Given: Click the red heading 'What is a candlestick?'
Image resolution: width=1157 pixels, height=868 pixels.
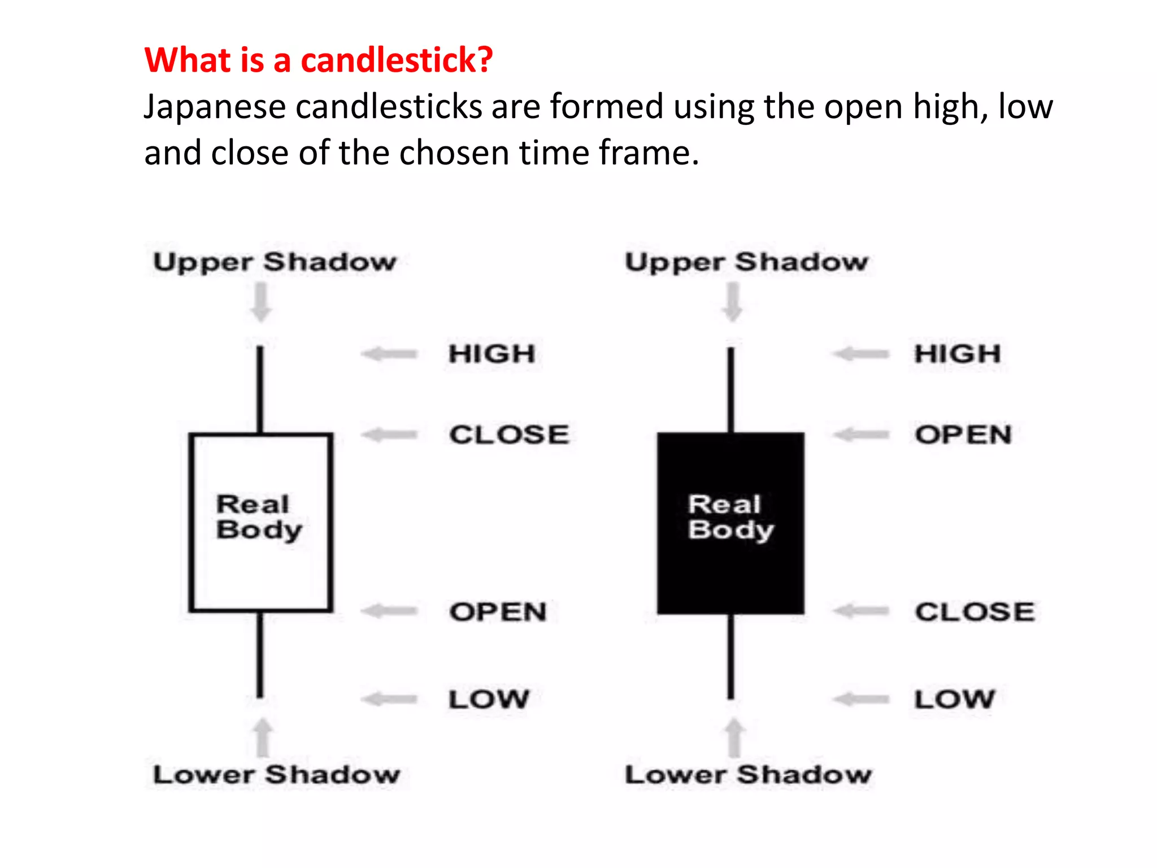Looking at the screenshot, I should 319,60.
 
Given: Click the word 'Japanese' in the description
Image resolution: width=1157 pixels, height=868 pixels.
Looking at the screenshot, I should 215,107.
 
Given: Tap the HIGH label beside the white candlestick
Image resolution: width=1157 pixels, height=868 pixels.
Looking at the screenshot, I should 491,354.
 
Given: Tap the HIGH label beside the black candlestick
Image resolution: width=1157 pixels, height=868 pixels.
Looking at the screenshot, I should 958,354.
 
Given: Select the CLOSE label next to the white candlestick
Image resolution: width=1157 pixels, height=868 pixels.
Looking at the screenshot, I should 509,435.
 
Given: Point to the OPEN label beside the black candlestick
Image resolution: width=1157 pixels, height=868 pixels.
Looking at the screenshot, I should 963,435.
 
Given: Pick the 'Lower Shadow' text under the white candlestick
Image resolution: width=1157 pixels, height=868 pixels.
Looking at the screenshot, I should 277,775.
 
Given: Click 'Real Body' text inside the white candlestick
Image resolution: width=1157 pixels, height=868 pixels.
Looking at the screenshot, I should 259,517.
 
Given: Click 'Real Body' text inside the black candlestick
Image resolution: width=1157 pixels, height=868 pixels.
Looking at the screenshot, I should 730,517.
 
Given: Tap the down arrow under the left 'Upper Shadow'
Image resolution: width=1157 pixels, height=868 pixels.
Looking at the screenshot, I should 260,302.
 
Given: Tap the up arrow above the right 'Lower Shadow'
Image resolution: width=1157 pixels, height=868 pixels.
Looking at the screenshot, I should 734,737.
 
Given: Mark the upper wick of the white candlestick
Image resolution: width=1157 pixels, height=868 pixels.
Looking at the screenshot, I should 260,390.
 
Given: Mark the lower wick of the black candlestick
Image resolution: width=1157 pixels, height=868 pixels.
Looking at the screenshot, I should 730,656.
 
